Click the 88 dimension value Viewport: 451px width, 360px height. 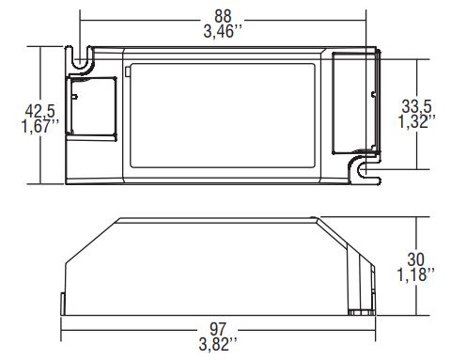click(x=223, y=16)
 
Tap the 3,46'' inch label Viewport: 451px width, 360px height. click(x=223, y=32)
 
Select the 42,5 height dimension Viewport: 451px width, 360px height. click(x=40, y=111)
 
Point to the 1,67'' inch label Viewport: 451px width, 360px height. click(x=39, y=126)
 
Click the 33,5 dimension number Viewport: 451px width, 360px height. click(x=417, y=106)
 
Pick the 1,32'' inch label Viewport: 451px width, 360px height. click(x=417, y=121)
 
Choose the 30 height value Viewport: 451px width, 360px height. click(x=416, y=259)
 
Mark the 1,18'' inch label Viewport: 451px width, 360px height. click(x=416, y=274)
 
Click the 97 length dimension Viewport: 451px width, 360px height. click(x=218, y=329)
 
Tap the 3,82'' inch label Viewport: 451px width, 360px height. click(x=218, y=344)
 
